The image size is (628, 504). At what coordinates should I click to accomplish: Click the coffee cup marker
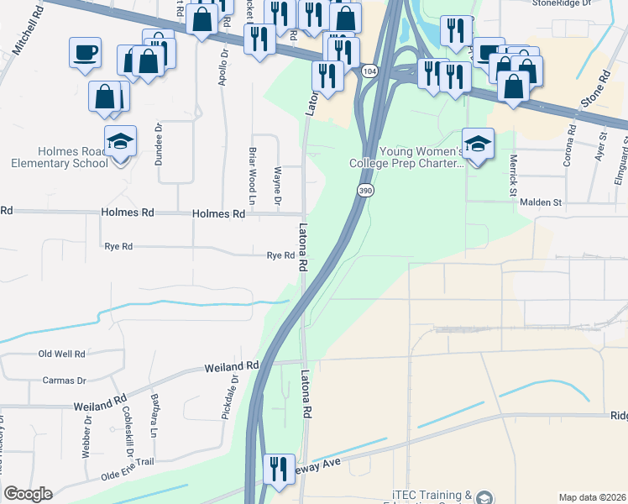coord(86,54)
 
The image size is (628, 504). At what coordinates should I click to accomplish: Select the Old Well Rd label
coord(63,354)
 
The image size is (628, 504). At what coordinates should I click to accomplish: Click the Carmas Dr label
coord(65,381)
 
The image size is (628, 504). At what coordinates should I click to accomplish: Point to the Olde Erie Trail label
coord(129,462)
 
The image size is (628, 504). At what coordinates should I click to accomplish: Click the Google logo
coord(29,494)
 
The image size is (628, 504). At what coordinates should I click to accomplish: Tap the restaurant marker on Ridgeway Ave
coord(279,469)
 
